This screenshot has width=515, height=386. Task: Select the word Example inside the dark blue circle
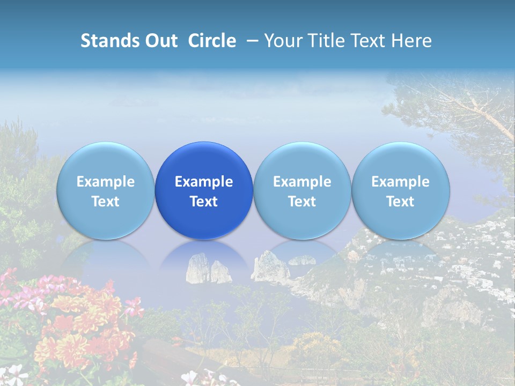pos(204,182)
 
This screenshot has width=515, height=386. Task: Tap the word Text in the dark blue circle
pos(204,202)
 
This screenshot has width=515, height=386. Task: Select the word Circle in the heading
pos(212,41)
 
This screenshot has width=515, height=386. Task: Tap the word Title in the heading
pos(324,41)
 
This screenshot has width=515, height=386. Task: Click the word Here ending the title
pos(411,41)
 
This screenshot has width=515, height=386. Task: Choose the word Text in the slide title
pos(367,41)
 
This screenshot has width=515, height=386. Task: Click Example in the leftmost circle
pos(106,182)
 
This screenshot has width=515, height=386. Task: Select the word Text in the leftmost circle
pos(106,202)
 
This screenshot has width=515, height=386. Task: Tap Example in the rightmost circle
pos(401,182)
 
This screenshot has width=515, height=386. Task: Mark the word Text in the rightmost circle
pos(401,202)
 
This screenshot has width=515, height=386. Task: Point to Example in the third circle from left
pos(302,182)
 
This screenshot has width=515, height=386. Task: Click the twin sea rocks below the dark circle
pos(209,270)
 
